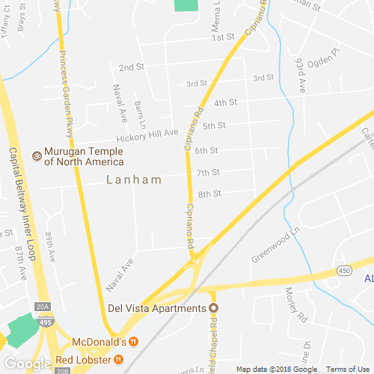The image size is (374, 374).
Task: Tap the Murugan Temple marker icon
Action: tap(37, 155)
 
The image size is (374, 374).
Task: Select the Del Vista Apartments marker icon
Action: tap(213, 308)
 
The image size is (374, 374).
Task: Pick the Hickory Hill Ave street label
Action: tap(147, 136)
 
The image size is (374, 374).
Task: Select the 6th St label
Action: tap(206, 150)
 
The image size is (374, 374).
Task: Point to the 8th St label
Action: tap(209, 194)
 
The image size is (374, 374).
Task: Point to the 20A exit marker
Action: tap(43, 307)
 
